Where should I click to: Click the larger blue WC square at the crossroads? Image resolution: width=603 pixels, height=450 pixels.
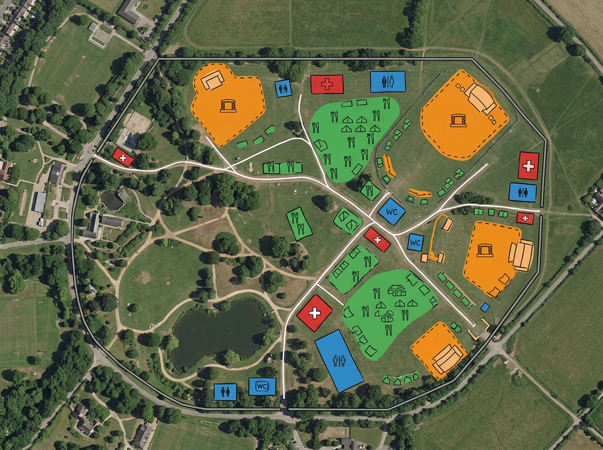[391, 211]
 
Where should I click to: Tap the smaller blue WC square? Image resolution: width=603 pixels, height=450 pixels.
[415, 243]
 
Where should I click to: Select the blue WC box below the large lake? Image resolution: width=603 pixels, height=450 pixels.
[262, 386]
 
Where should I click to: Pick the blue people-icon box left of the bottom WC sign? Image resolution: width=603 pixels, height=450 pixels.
[225, 392]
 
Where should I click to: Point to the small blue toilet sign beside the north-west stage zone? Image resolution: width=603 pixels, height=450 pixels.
[283, 88]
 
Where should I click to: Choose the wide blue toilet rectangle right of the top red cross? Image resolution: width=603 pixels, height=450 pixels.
[388, 82]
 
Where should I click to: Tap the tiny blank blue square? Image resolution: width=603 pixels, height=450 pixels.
[485, 307]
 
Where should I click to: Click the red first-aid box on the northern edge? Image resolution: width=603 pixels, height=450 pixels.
[327, 84]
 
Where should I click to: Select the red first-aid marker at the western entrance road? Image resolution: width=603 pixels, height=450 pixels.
[123, 158]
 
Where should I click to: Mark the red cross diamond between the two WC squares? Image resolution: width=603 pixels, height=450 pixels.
[377, 240]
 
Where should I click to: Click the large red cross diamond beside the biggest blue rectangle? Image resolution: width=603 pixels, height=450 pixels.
[315, 313]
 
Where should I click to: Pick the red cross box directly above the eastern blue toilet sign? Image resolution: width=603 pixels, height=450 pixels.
[528, 165]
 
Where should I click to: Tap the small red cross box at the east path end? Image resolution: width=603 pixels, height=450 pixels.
[525, 218]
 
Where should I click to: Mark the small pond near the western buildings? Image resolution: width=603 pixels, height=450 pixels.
[111, 201]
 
